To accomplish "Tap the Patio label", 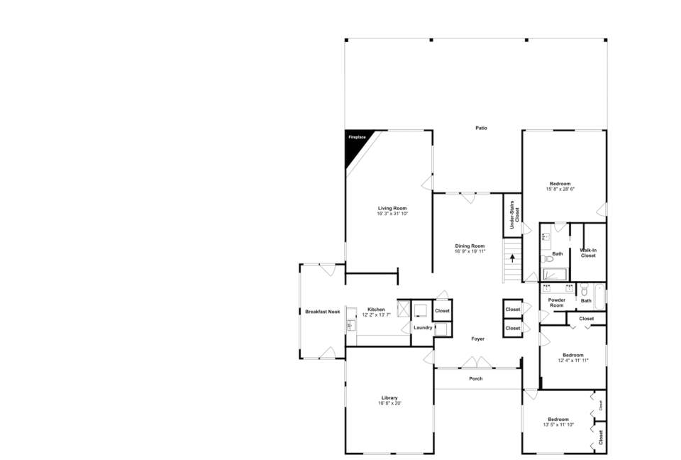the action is (x=481, y=128).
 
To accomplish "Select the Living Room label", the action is (x=392, y=208).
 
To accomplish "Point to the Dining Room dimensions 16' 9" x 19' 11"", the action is (x=470, y=251).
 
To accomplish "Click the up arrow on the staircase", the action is (x=512, y=258).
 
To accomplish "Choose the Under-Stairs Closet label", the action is (x=514, y=215).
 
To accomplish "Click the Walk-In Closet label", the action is (x=588, y=253).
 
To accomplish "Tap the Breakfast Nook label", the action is (x=323, y=312).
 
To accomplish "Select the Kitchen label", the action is (x=376, y=310).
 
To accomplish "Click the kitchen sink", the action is (x=351, y=326).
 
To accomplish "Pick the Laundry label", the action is (x=423, y=327).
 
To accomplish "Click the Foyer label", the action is (x=477, y=339).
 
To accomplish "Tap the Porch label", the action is (x=476, y=378).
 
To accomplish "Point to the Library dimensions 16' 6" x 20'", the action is (x=389, y=403).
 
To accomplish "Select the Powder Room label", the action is (x=557, y=302).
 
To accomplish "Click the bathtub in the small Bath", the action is (x=600, y=297).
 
